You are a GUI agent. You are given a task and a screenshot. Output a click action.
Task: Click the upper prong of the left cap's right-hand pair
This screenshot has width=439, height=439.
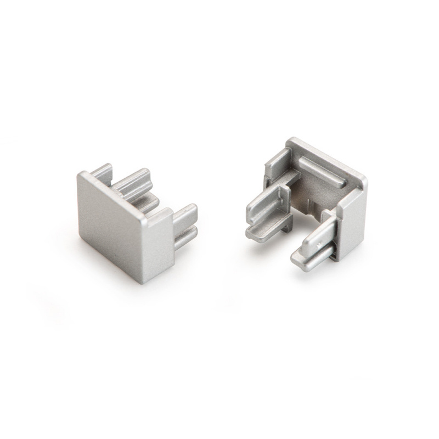(185, 215)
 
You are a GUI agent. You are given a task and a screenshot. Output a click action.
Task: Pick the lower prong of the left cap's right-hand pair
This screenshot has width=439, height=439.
(185, 236)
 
